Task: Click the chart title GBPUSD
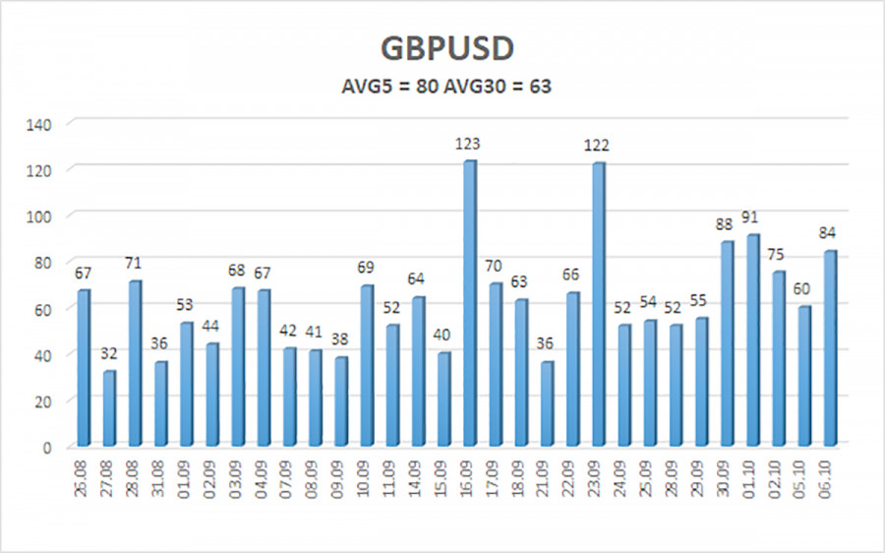point(447,48)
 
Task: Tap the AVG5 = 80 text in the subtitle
point(390,87)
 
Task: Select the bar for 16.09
point(470,303)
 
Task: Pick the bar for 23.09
point(599,304)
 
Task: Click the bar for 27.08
point(109,408)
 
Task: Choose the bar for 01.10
point(753,340)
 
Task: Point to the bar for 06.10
point(830,348)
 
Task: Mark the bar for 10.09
point(367,365)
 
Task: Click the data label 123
point(468,144)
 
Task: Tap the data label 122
point(597,146)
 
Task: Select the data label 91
point(749,217)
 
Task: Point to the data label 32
point(109,354)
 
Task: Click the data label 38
point(339,339)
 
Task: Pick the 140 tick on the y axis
point(38,124)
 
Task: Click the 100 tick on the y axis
point(38,216)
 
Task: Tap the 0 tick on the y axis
point(47,449)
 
